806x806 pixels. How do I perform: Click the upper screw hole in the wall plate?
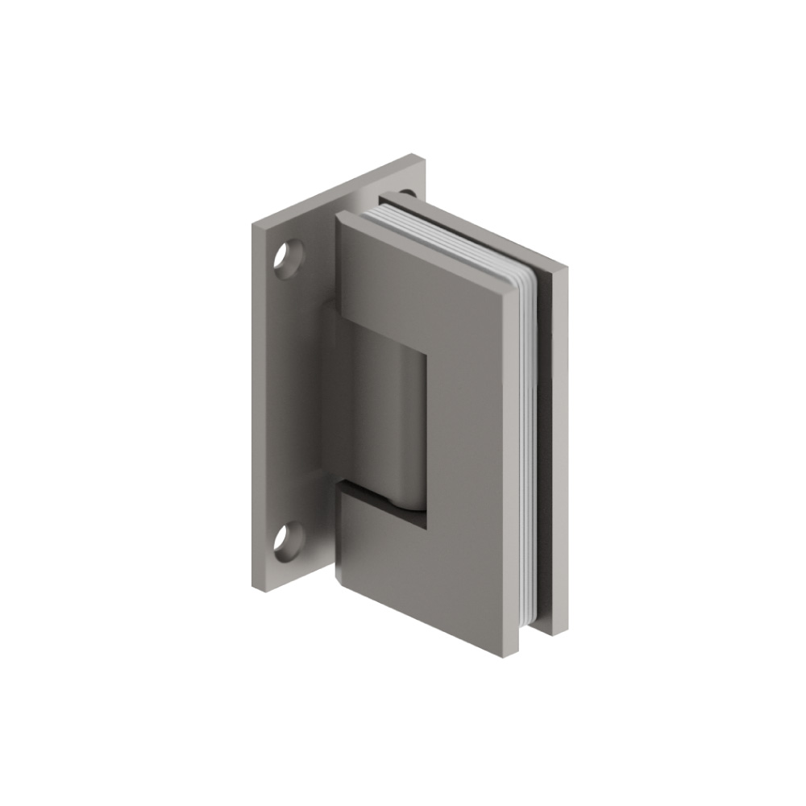click(x=287, y=259)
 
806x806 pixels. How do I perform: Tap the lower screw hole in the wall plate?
click(x=287, y=542)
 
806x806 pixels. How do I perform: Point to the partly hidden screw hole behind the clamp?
click(x=407, y=193)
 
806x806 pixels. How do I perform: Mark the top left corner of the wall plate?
click(x=253, y=226)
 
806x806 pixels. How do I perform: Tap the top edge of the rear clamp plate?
click(x=476, y=230)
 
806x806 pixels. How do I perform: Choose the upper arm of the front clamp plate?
click(x=419, y=282)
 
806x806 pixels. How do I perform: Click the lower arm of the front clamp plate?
click(x=419, y=564)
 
